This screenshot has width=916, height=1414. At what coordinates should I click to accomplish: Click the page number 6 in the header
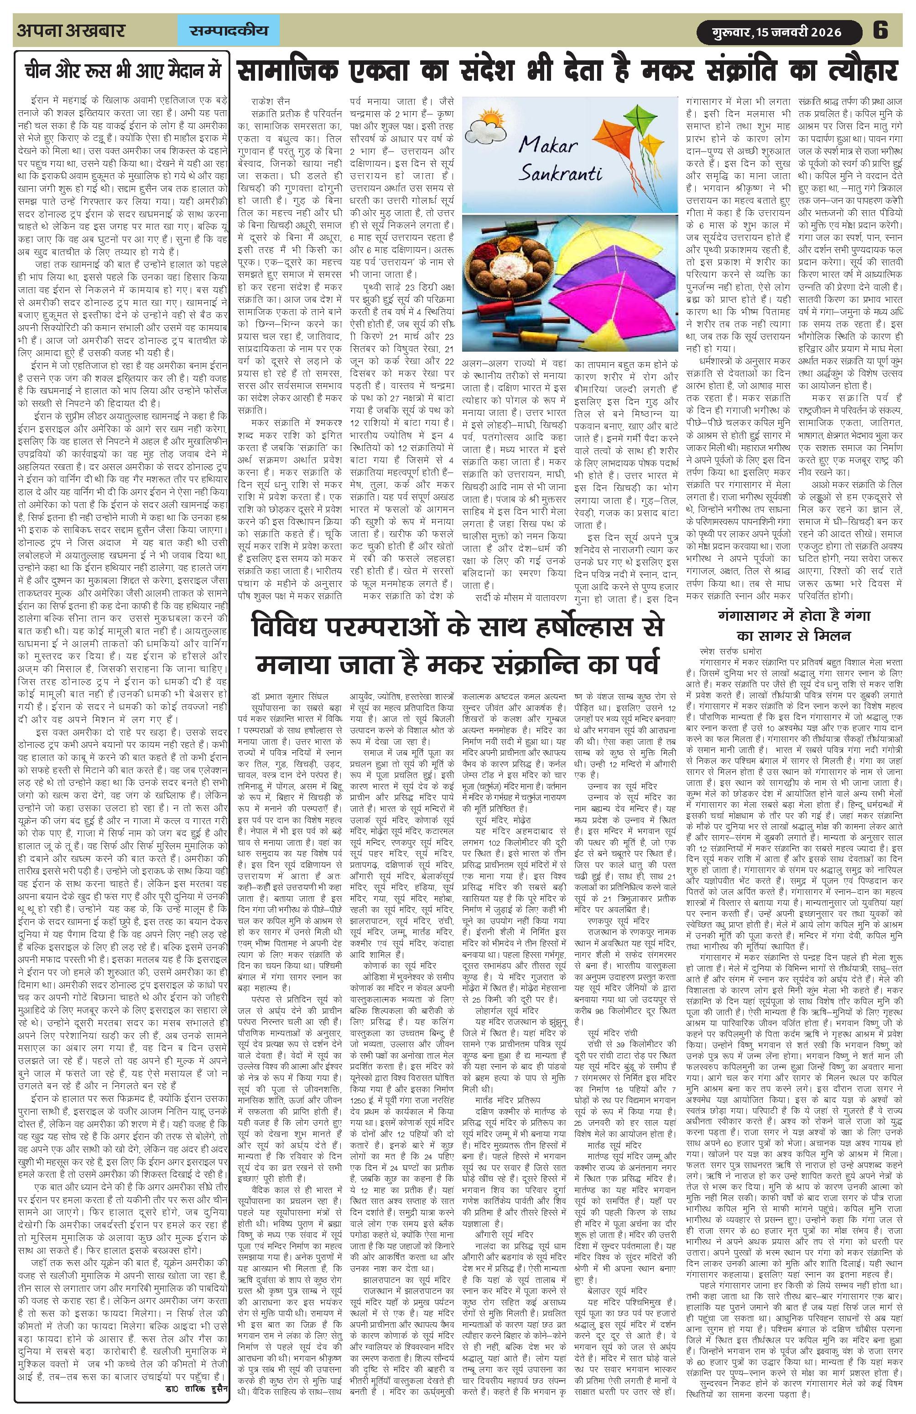(x=880, y=30)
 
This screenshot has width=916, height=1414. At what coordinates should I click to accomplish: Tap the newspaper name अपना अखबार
(x=71, y=30)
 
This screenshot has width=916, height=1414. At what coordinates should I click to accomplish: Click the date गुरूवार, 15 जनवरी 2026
(x=778, y=31)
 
